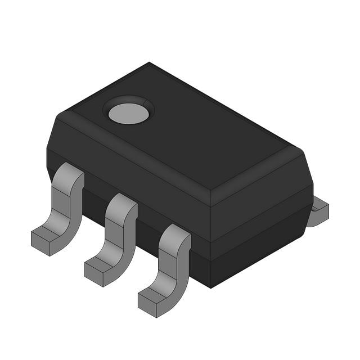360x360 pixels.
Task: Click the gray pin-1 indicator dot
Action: click(x=129, y=113)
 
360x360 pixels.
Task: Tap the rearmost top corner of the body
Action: click(x=149, y=63)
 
